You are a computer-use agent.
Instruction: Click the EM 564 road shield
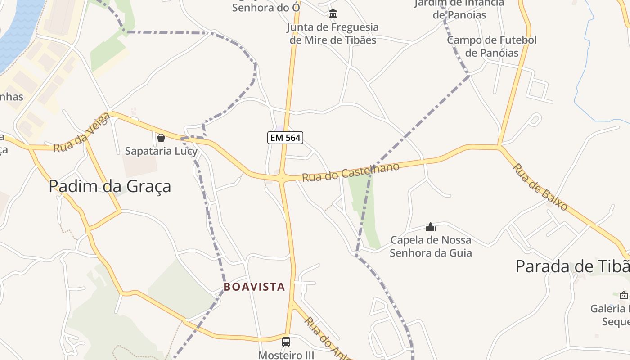pyautogui.click(x=285, y=138)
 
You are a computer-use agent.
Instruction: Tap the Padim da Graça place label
pyautogui.click(x=110, y=186)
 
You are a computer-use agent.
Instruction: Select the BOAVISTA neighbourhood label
pyautogui.click(x=254, y=287)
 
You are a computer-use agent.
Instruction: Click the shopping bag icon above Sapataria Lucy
pyautogui.click(x=161, y=137)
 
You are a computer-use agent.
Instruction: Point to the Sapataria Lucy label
pyautogui.click(x=161, y=151)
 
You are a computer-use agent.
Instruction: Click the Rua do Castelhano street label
pyautogui.click(x=350, y=172)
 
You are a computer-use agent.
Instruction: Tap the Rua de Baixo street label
pyautogui.click(x=540, y=187)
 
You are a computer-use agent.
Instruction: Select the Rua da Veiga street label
pyautogui.click(x=81, y=133)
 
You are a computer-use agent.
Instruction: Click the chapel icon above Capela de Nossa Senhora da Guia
pyautogui.click(x=431, y=227)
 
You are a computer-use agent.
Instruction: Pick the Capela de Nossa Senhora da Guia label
pyautogui.click(x=431, y=246)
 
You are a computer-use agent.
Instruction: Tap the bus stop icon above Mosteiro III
pyautogui.click(x=286, y=342)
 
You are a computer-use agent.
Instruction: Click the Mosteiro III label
pyautogui.click(x=286, y=355)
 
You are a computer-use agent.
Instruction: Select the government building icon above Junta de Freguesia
pyautogui.click(x=333, y=14)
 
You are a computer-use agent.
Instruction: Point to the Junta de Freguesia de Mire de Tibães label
pyautogui.click(x=333, y=33)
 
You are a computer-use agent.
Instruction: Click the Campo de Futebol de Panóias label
pyautogui.click(x=492, y=46)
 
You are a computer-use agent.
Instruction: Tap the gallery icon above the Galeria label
pyautogui.click(x=624, y=295)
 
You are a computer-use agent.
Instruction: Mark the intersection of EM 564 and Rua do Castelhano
pyautogui.click(x=282, y=178)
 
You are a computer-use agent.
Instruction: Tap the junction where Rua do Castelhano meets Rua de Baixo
pyautogui.click(x=499, y=146)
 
